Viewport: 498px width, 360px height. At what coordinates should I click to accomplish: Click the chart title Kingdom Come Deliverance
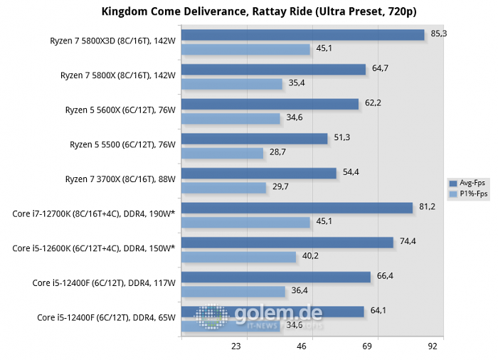[248, 11]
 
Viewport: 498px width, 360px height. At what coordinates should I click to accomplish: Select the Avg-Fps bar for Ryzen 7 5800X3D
[303, 35]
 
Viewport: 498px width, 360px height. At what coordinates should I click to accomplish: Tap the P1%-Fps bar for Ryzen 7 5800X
[233, 84]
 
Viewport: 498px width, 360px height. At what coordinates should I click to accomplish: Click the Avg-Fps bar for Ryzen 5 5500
[254, 139]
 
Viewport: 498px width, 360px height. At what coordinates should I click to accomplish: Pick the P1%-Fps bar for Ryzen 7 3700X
[223, 187]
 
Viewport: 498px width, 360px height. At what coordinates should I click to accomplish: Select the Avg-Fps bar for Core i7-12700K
[297, 208]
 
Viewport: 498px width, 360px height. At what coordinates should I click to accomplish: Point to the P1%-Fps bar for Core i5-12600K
[238, 256]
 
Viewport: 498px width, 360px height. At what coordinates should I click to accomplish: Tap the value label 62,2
[373, 102]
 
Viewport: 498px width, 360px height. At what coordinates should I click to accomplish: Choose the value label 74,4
[408, 241]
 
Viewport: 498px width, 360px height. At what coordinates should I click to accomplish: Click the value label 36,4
[298, 290]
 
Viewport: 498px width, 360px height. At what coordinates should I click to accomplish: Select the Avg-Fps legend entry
[470, 183]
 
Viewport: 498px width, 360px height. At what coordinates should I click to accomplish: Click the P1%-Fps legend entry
[470, 194]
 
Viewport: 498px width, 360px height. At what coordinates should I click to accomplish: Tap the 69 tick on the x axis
[368, 346]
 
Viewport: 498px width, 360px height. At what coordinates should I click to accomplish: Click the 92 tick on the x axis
[433, 346]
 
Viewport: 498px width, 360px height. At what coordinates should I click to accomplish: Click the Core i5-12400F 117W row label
[104, 282]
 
